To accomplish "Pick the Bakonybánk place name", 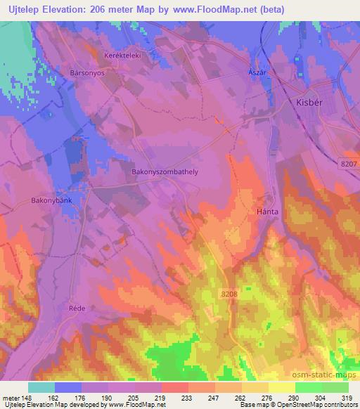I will point(52,200).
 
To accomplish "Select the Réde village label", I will point(76,309).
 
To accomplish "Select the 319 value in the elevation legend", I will point(347,397).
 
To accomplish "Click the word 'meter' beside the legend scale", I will point(10,397).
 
